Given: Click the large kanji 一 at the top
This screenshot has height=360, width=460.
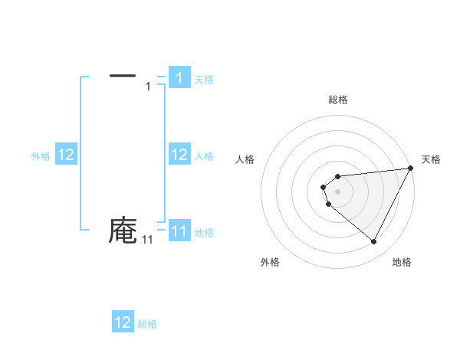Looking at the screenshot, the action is coord(123,75).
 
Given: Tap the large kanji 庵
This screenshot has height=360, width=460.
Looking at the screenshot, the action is coord(123,231).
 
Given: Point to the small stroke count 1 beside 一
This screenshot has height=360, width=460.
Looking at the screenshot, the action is coord(148,87).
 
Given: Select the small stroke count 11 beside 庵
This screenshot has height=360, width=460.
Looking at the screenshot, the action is coord(147,241).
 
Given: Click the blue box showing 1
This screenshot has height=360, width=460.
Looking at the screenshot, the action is coord(179,78).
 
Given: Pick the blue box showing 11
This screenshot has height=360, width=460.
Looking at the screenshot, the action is coord(179,231).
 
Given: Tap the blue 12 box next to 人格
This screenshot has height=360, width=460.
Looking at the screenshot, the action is coord(179,155).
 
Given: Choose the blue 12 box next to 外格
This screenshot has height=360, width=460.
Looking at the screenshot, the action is coord(65,155).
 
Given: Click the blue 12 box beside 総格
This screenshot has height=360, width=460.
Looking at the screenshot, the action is coord(123,322).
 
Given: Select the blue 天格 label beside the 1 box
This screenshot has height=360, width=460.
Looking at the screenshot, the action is coord(204,80).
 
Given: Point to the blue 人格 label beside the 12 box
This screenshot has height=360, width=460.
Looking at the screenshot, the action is coord(204,156).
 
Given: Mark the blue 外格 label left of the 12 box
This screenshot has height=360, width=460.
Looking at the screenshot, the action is coord(41,156).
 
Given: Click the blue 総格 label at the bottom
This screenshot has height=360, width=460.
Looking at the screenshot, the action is coord(147,324).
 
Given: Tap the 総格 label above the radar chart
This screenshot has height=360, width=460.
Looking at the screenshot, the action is coord(338,100).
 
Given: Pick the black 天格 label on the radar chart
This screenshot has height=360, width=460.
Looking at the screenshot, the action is coord(432,159).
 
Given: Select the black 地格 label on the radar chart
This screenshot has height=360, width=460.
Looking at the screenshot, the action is coord(402,262).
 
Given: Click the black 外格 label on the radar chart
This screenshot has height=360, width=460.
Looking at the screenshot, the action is coord(270,262).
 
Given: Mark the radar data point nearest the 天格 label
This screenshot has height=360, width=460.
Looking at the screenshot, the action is coord(410,168).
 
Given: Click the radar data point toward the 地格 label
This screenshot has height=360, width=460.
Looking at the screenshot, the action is coord(374,242).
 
